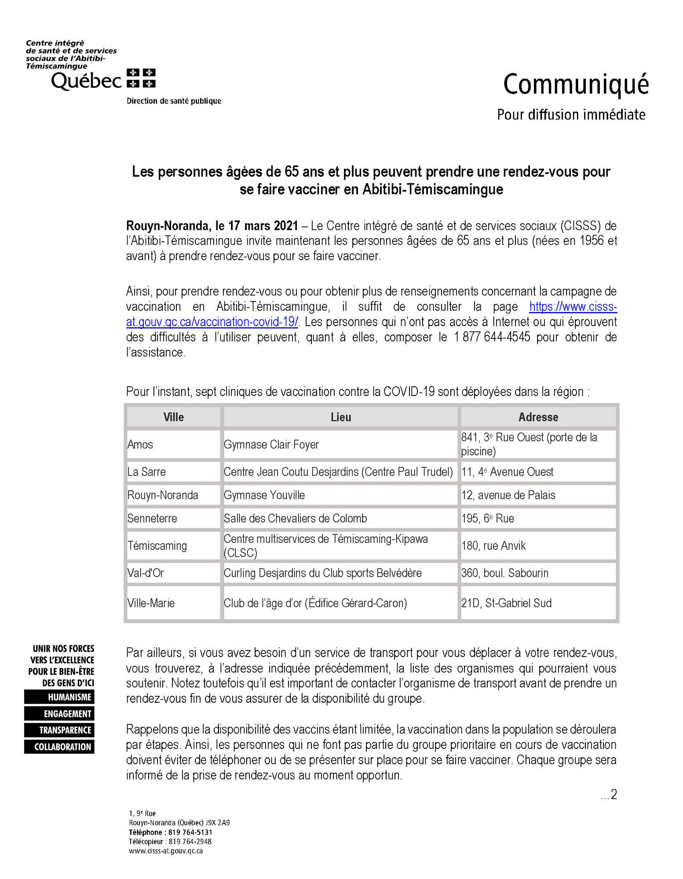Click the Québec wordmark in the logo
click(86, 81)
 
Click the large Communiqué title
click(576, 85)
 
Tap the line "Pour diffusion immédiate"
click(571, 115)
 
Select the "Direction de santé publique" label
click(174, 101)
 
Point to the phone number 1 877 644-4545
click(492, 337)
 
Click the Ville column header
click(173, 417)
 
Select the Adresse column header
click(538, 417)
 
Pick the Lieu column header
click(341, 417)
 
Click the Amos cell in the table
click(140, 444)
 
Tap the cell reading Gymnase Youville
click(264, 495)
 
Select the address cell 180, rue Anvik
click(493, 546)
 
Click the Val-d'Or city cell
click(146, 573)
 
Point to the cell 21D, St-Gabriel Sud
click(506, 603)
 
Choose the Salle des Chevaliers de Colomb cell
click(295, 519)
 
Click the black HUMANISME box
click(59, 697)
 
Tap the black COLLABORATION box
click(59, 747)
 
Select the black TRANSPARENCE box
click(59, 730)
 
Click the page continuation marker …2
click(609, 794)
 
